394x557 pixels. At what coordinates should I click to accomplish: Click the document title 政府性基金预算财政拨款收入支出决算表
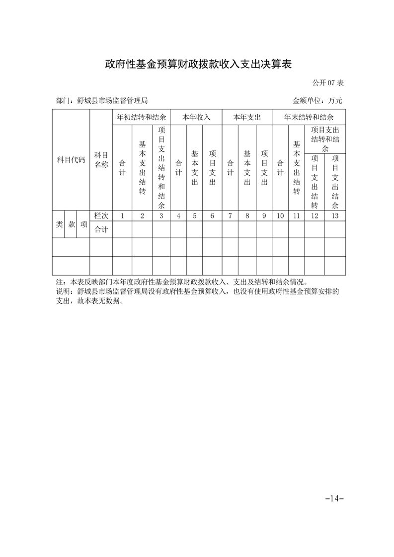[197, 65]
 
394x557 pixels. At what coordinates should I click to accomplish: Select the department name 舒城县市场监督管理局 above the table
[113, 101]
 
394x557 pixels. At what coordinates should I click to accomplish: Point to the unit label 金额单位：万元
[317, 101]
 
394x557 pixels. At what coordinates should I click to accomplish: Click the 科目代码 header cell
[71, 160]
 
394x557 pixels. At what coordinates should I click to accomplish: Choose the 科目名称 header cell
[101, 160]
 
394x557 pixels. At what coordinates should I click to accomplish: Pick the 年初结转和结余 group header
[141, 118]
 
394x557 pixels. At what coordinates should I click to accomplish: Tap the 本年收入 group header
[196, 118]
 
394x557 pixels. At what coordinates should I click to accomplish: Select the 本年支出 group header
[247, 118]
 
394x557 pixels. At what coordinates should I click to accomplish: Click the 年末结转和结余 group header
[309, 118]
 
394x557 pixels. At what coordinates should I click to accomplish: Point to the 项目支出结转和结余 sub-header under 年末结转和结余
[325, 139]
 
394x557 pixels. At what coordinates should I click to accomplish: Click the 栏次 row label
[101, 216]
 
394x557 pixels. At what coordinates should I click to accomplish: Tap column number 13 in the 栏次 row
[335, 216]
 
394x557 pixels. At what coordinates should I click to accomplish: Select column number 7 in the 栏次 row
[230, 216]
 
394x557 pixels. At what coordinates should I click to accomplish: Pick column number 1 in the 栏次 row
[122, 216]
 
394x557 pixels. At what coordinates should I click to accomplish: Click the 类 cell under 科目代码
[59, 224]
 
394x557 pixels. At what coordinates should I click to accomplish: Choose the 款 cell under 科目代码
[72, 224]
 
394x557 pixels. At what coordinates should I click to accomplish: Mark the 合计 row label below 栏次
[101, 229]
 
